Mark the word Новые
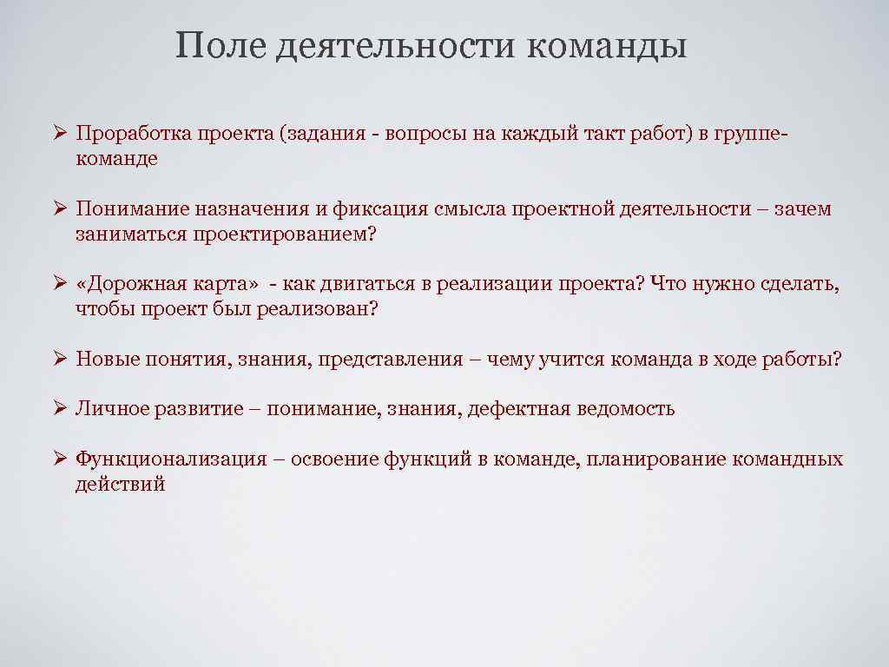(103, 360)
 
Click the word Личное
(111, 409)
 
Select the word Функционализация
(171, 459)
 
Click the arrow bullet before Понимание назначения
(58, 209)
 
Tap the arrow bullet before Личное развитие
(58, 408)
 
